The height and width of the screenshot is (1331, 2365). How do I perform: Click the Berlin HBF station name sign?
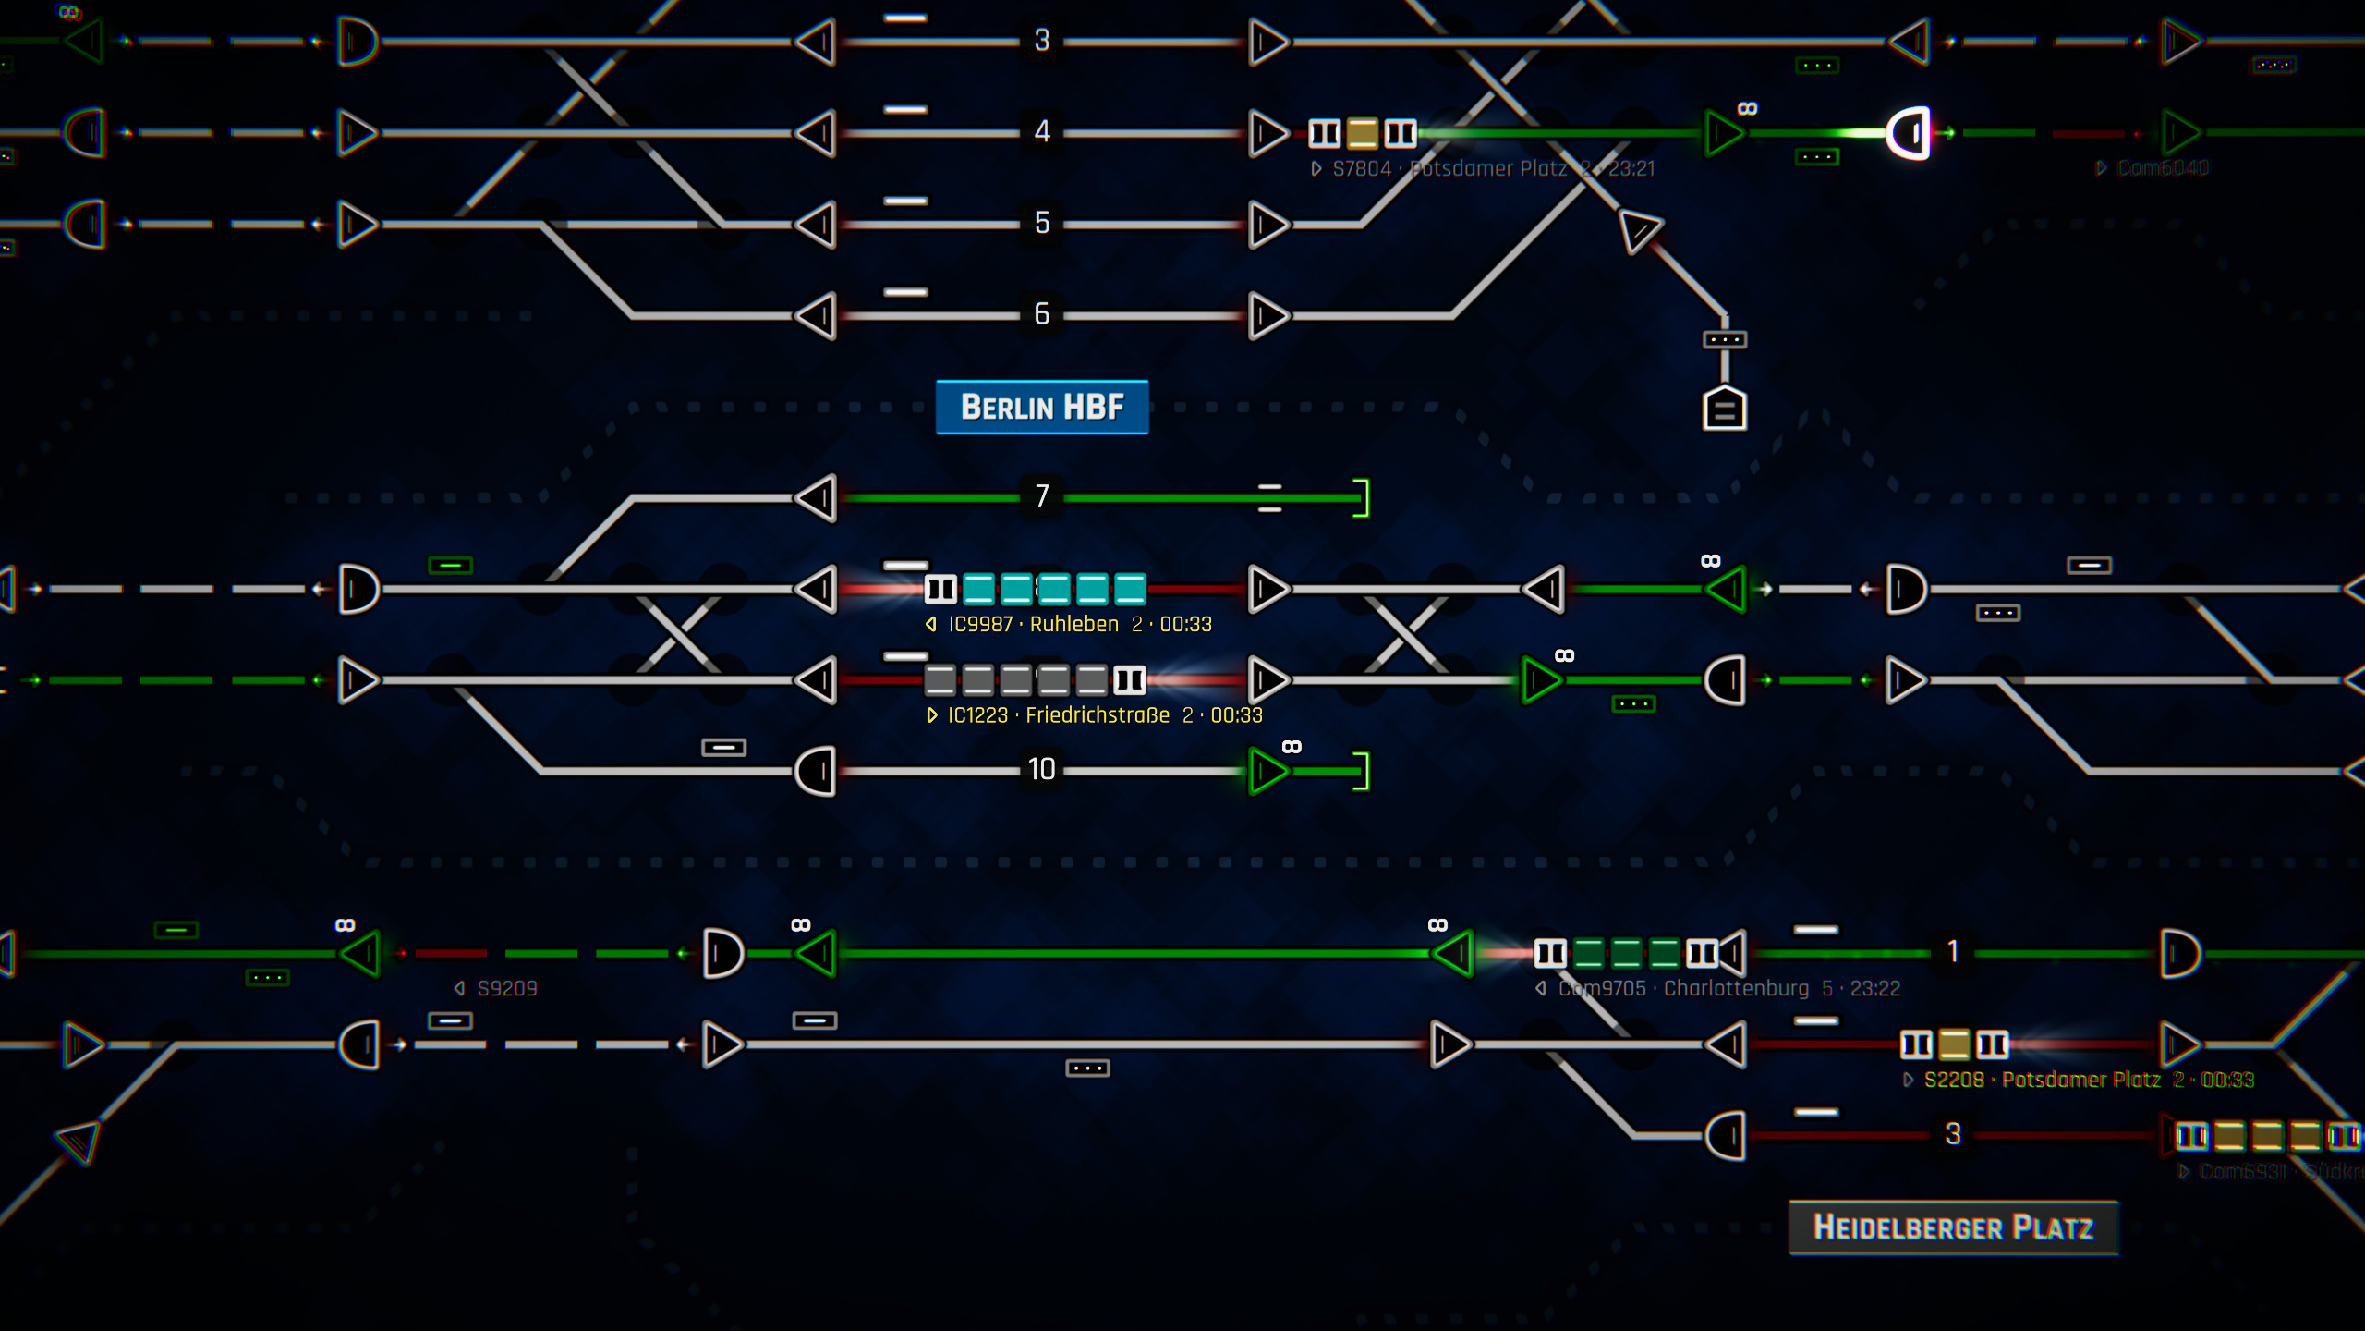coord(1042,407)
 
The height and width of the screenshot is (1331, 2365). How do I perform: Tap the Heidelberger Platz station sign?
coord(1953,1227)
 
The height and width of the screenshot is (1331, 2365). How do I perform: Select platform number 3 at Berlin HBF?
coord(1042,40)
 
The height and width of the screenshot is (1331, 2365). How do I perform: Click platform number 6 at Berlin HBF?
coord(1042,314)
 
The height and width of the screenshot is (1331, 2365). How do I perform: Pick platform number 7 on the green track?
coord(1042,496)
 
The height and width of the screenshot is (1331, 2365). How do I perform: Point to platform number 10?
coord(1042,769)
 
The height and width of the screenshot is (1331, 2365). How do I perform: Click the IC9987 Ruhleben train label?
coord(1072,625)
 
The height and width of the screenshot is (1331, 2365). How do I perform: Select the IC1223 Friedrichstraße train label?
coord(1096,715)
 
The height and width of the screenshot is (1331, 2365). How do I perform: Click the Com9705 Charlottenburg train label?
coord(1718,989)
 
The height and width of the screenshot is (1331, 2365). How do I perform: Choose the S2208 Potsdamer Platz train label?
coord(2079,1080)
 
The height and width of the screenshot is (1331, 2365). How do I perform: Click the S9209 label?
coord(499,989)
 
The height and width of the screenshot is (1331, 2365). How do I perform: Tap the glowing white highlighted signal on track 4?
coord(1909,133)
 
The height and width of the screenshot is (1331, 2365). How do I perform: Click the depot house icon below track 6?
coord(1724,409)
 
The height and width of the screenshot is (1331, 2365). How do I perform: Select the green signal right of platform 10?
coord(1267,771)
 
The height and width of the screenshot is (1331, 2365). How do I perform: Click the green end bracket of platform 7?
coord(1361,498)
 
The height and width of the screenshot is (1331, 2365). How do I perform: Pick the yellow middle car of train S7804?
coord(1362,133)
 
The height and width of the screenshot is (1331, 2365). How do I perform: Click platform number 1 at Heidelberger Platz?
coord(1952,951)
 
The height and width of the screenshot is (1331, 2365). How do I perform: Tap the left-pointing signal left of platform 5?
coord(816,225)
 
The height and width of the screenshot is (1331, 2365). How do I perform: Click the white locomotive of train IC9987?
coord(940,589)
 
